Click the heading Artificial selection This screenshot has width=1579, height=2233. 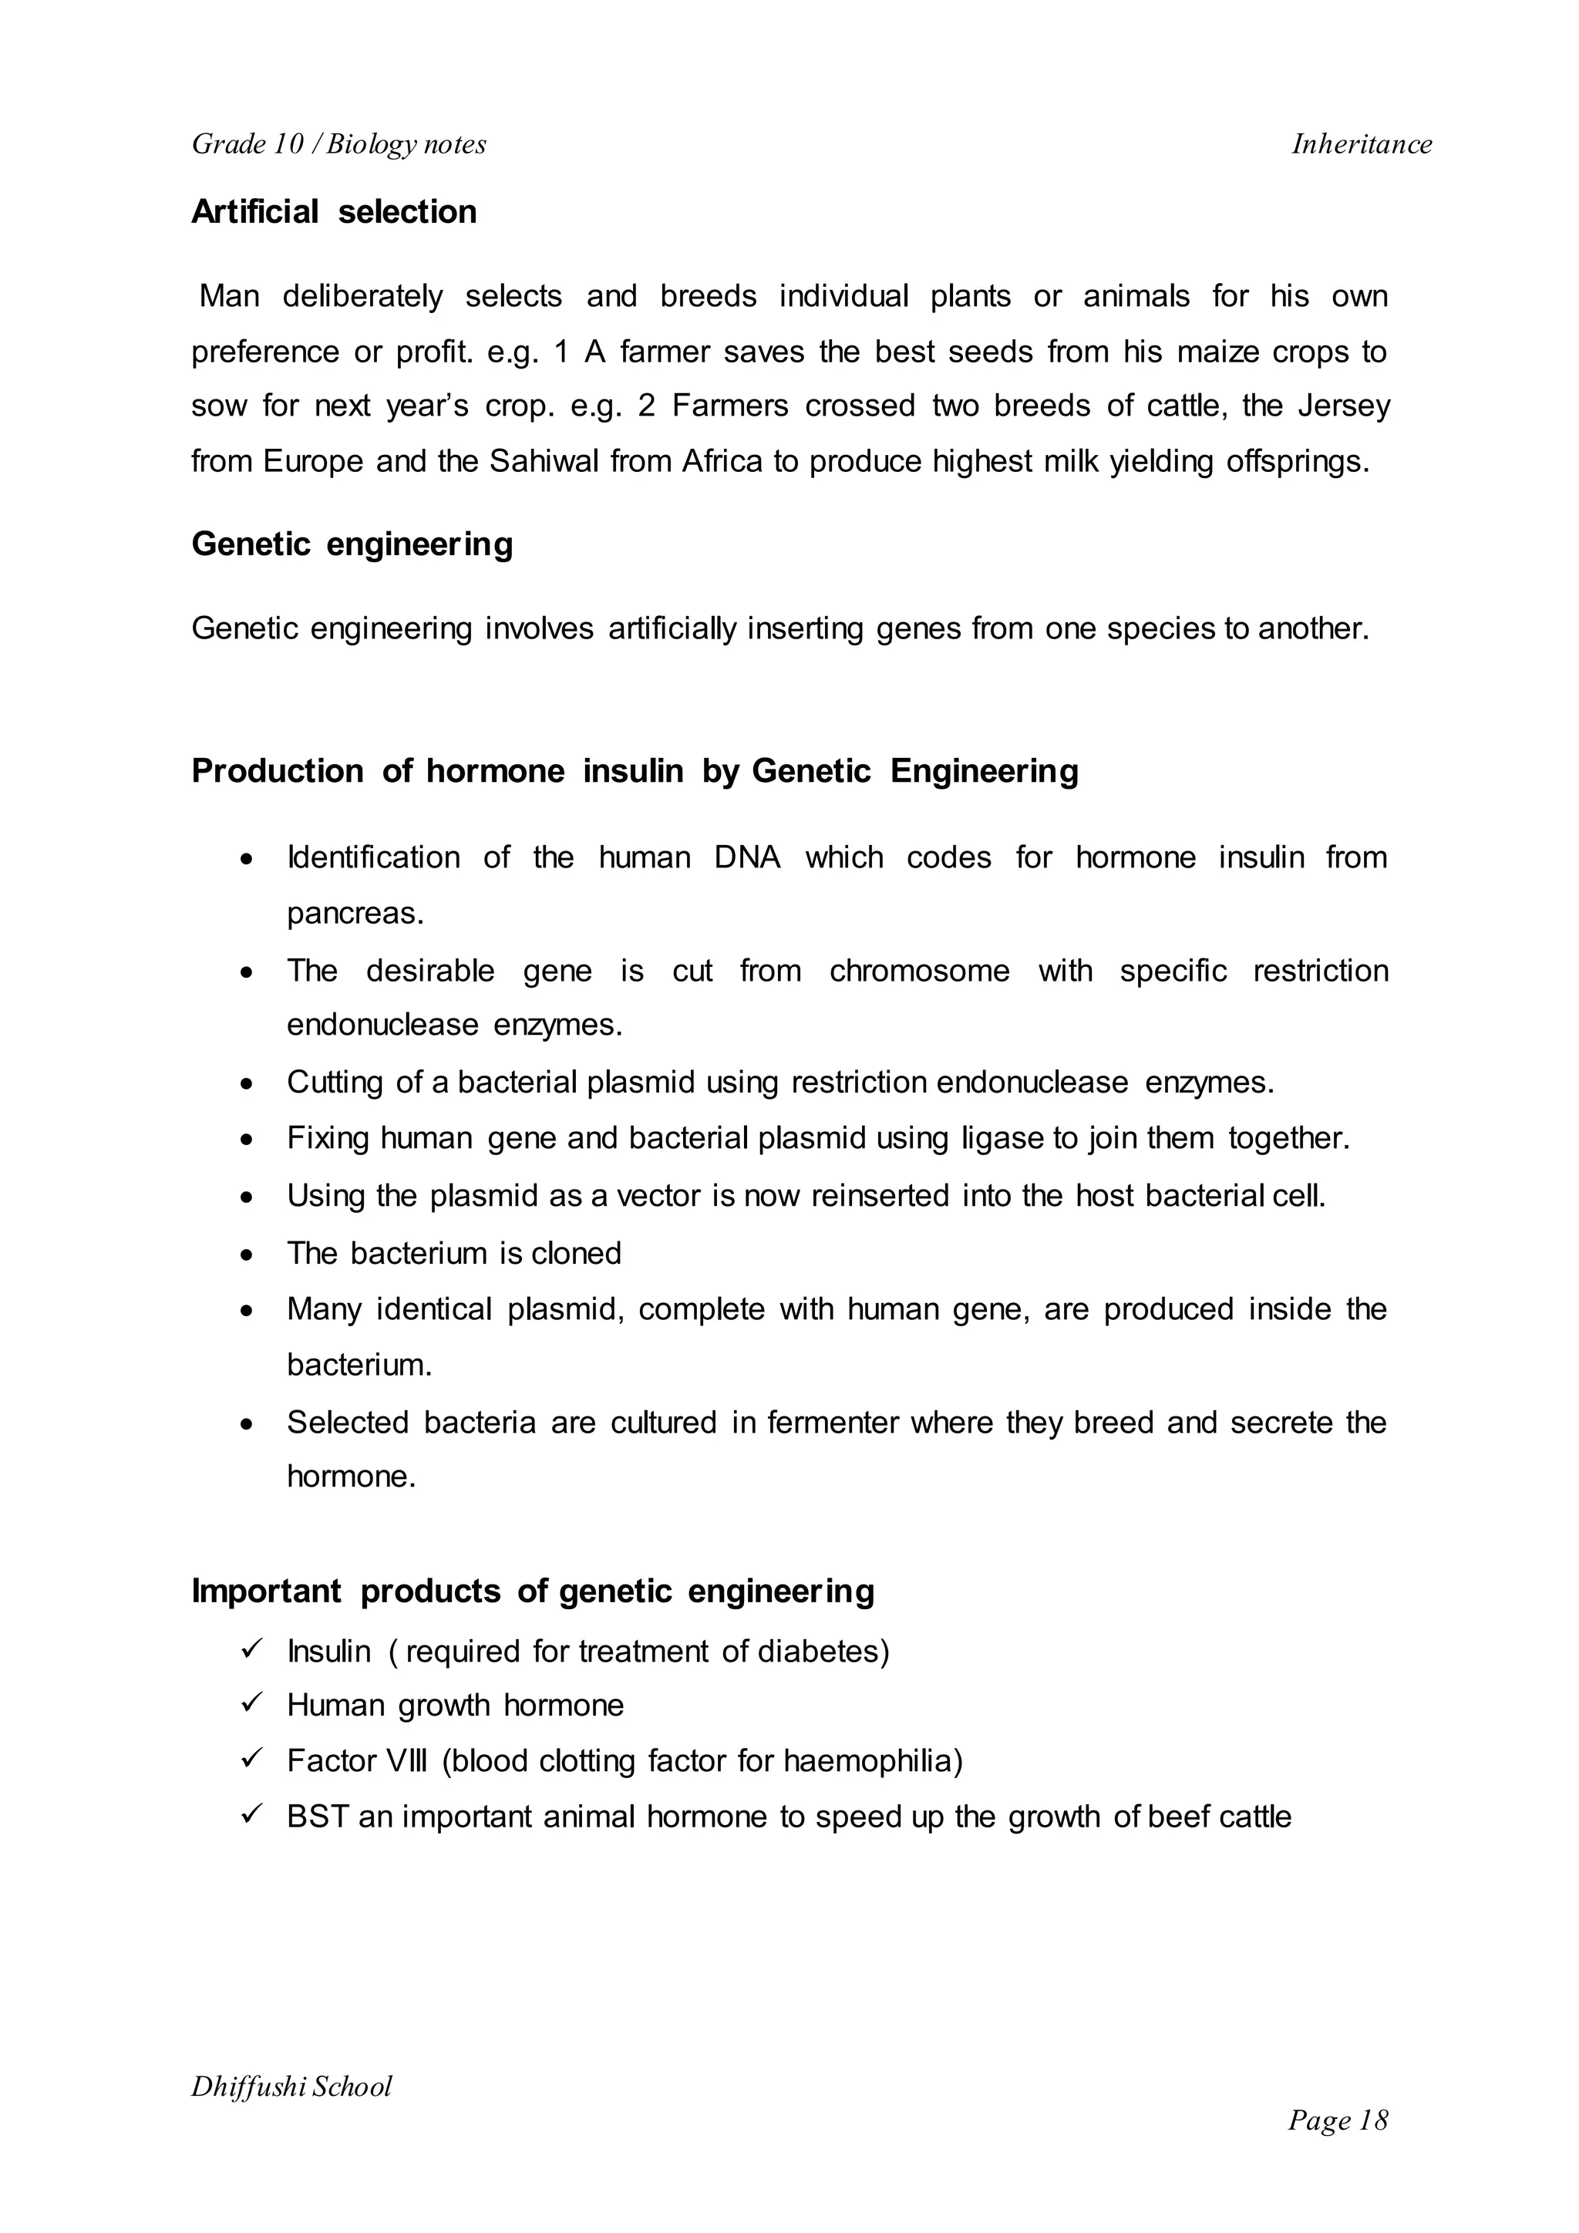point(334,212)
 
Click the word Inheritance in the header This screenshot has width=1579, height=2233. point(1362,144)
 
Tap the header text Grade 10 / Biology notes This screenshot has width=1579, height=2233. point(338,144)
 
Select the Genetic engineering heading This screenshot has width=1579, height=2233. point(352,544)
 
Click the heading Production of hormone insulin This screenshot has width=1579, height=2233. point(634,771)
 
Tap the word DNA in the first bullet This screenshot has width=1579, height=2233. point(747,857)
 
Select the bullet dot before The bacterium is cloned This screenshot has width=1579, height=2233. point(249,1255)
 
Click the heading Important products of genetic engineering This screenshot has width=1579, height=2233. point(533,1591)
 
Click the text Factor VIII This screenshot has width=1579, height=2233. point(356,1761)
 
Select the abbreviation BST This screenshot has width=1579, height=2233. point(316,1817)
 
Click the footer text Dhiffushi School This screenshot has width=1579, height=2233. point(291,2087)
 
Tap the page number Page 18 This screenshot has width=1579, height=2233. point(1337,2120)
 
